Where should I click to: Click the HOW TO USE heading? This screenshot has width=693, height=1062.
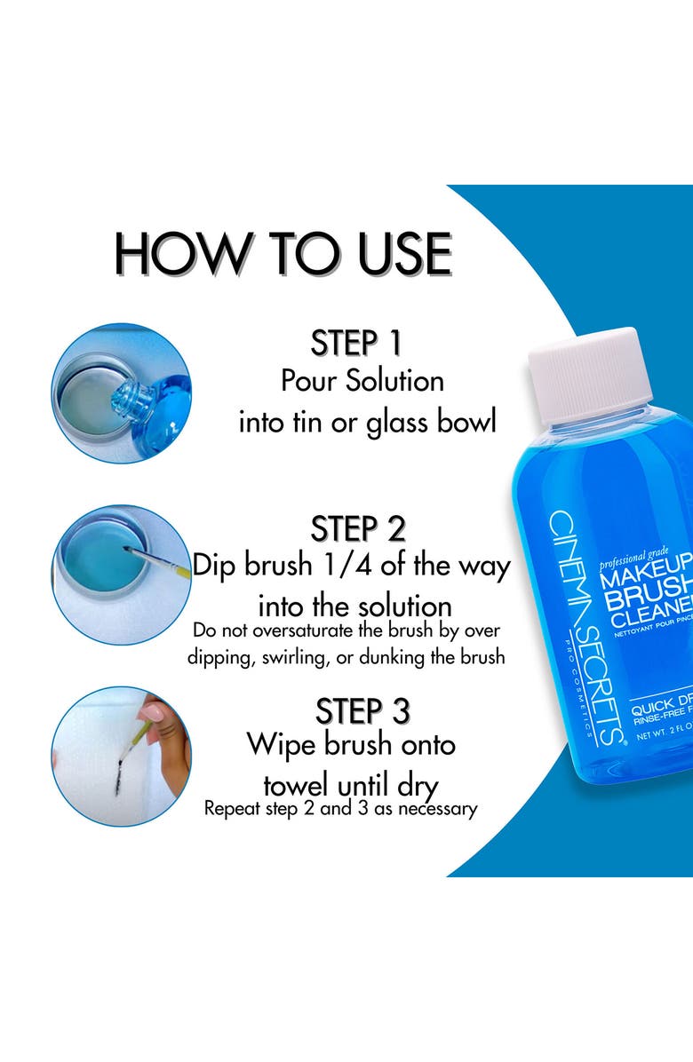click(283, 254)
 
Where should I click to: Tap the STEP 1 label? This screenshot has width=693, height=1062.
click(356, 343)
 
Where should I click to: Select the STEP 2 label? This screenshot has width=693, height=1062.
click(358, 529)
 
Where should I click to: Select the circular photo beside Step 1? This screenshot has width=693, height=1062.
click(121, 393)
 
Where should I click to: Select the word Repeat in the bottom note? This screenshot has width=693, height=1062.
click(232, 809)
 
